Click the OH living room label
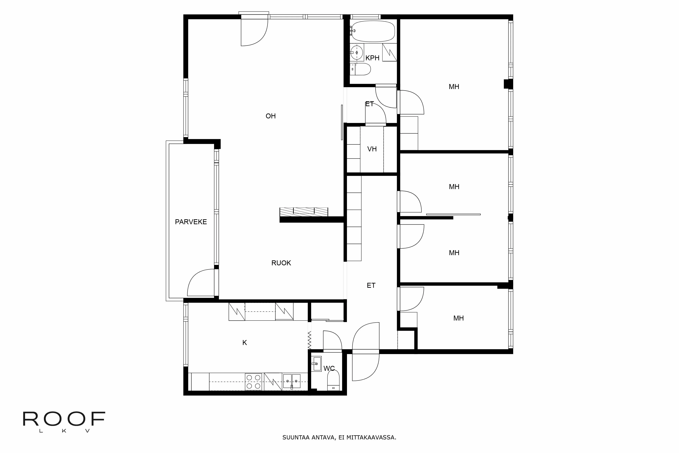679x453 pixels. [271, 116]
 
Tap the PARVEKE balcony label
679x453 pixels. [191, 222]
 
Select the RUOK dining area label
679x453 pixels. [281, 263]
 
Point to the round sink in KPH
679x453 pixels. [357, 53]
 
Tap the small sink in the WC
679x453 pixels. [316, 364]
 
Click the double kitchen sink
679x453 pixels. [292, 381]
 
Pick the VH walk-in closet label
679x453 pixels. [372, 149]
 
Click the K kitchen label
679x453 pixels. [244, 343]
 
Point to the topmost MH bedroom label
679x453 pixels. [454, 87]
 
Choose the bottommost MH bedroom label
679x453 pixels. [458, 318]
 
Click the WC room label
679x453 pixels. [329, 368]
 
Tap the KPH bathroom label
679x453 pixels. [372, 58]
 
